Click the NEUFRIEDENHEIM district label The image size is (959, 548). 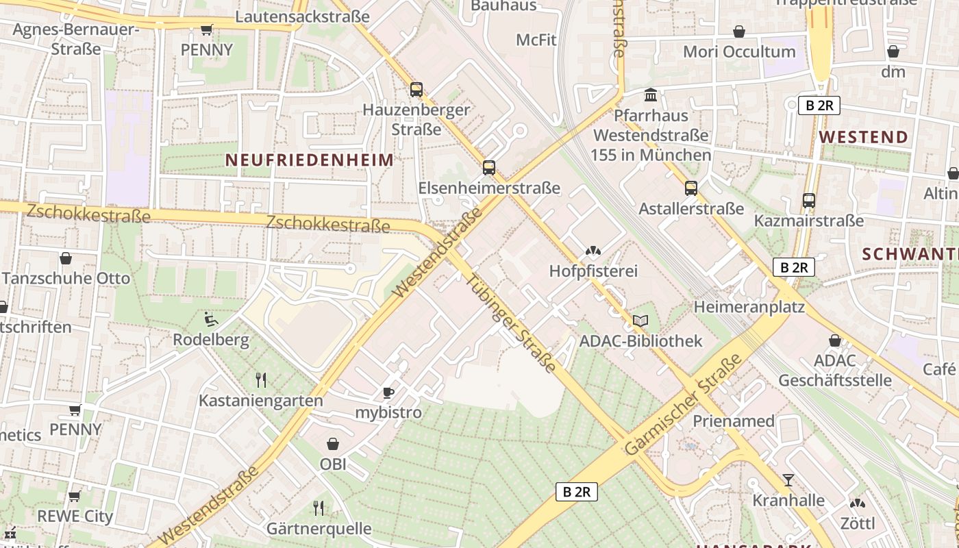click(x=310, y=160)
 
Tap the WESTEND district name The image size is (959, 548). click(x=863, y=137)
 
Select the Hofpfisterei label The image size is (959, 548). click(x=593, y=271)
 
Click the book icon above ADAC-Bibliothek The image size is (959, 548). click(x=640, y=321)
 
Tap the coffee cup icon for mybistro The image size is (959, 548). click(x=388, y=393)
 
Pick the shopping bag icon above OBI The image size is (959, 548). click(x=333, y=445)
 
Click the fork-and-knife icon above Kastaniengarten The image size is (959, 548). click(x=260, y=380)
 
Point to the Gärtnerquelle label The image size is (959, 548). click(x=319, y=529)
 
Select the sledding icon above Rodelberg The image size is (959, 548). click(x=211, y=319)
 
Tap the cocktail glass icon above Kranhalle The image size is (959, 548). click(x=788, y=480)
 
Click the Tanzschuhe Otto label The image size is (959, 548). click(x=66, y=279)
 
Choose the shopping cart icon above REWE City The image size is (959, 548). click(x=75, y=495)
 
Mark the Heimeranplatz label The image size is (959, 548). click(x=749, y=306)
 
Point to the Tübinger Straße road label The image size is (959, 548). click(x=510, y=323)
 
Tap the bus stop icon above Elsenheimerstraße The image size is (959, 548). click(x=489, y=168)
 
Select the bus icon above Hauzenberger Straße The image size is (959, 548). click(x=416, y=89)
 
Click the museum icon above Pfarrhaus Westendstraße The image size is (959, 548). click(x=651, y=95)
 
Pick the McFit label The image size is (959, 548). click(x=536, y=40)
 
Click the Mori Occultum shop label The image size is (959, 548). click(x=740, y=51)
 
